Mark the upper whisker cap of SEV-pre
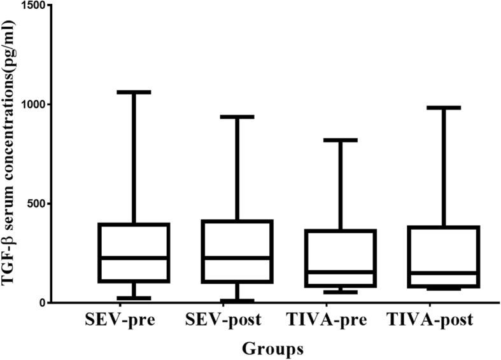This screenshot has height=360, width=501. pyautogui.click(x=134, y=92)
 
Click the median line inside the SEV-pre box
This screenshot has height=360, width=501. pyautogui.click(x=134, y=258)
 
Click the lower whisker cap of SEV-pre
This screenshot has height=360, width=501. pyautogui.click(x=134, y=298)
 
